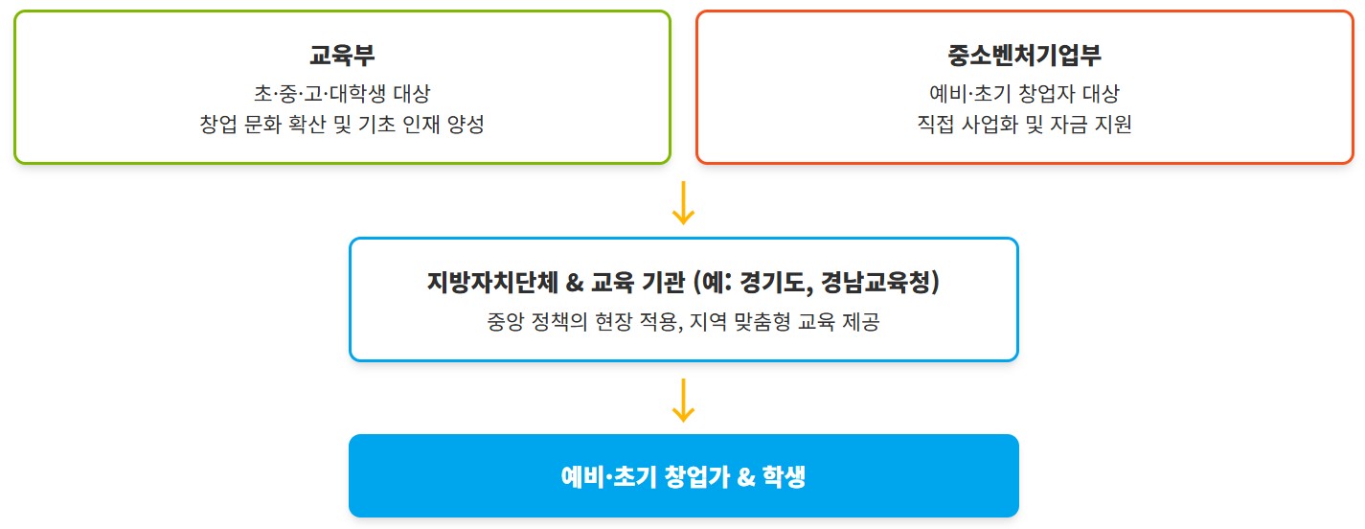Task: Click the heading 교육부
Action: [342, 55]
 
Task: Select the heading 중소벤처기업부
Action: [1024, 55]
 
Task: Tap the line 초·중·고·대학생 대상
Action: [342, 94]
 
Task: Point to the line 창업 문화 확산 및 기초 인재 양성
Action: [342, 126]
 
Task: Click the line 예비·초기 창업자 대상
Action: [1024, 94]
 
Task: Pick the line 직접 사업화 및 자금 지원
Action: [1024, 126]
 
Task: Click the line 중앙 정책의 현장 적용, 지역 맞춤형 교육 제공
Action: [683, 323]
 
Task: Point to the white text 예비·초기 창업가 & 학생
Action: [683, 476]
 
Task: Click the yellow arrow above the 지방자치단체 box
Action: [683, 202]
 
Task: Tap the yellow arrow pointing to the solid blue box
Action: [683, 400]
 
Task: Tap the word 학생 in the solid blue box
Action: [784, 476]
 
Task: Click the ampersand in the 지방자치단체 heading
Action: [575, 283]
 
